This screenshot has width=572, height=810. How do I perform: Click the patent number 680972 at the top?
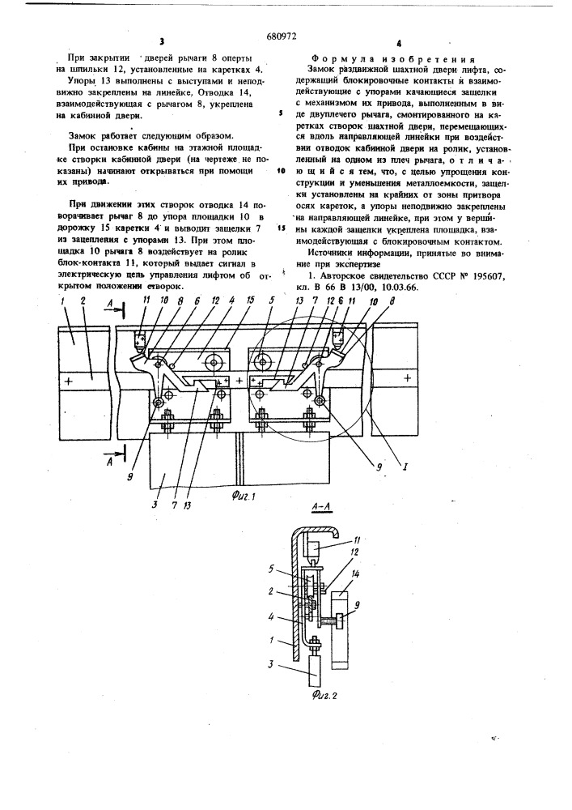tap(282, 36)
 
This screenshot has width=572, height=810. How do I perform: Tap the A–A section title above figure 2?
tap(321, 509)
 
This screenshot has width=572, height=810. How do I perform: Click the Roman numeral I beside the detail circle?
tap(406, 467)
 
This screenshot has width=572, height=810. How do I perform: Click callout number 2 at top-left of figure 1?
tap(83, 300)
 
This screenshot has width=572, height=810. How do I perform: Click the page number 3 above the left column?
tap(162, 43)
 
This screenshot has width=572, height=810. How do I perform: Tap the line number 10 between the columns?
tap(282, 169)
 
